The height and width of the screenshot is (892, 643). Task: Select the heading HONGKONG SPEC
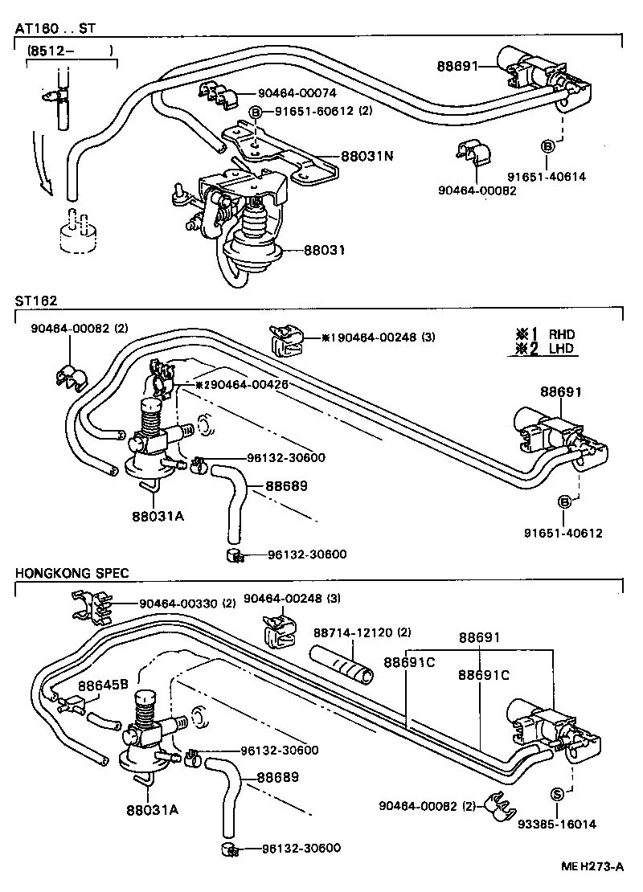(x=72, y=573)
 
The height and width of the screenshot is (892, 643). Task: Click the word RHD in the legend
(x=562, y=334)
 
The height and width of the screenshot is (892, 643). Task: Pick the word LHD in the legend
(x=562, y=349)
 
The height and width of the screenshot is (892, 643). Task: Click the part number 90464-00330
(x=177, y=604)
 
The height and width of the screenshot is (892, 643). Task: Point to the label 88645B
(x=104, y=685)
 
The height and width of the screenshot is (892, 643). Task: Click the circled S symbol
(x=555, y=795)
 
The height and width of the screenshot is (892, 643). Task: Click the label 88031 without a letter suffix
(x=325, y=250)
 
